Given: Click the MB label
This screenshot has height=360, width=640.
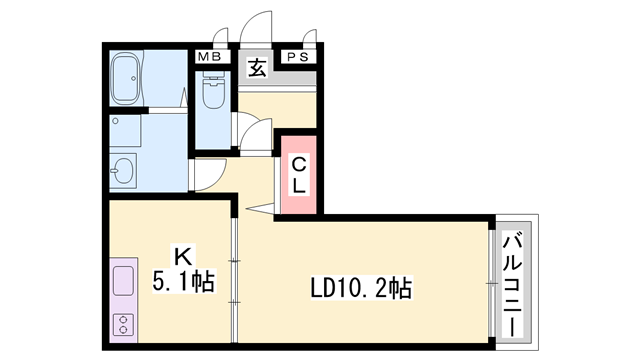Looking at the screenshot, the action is [208, 57].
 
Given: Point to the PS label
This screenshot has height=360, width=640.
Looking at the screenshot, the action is [297, 57].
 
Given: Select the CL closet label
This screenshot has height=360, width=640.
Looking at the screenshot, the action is [299, 174].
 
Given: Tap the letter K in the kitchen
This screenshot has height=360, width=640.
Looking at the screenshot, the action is [182, 256].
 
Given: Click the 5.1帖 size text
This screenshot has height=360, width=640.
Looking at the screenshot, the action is [182, 281].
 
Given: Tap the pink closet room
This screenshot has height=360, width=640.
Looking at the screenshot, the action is [299, 174].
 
